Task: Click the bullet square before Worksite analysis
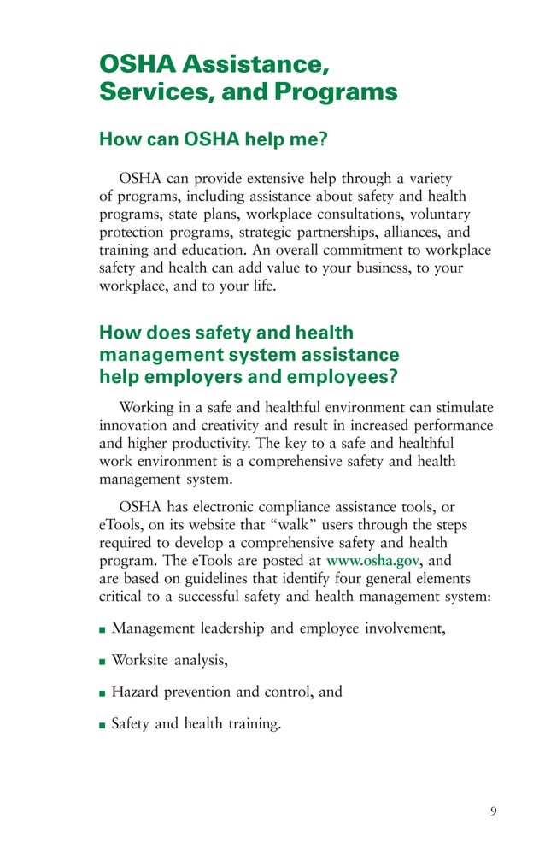pyautogui.click(x=103, y=661)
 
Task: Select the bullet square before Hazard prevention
pyautogui.click(x=103, y=693)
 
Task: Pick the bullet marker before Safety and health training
pyautogui.click(x=103, y=725)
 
